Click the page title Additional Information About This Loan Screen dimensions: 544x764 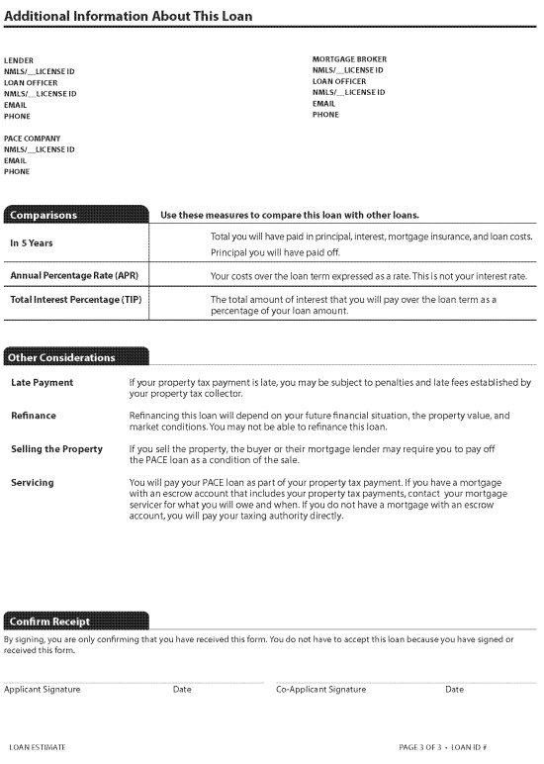[x=129, y=16]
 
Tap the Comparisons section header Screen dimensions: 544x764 [x=44, y=215]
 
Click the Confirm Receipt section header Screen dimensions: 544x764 [x=50, y=621]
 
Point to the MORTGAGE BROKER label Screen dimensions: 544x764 [x=349, y=59]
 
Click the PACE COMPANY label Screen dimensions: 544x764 [x=32, y=139]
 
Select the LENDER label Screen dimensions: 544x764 [x=19, y=61]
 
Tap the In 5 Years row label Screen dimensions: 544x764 [x=32, y=242]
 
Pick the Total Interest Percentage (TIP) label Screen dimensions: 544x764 [x=77, y=299]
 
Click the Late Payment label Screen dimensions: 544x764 [x=42, y=383]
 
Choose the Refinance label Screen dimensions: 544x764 [x=34, y=416]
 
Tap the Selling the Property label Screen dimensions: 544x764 [x=56, y=449]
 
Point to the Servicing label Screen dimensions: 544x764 [x=33, y=483]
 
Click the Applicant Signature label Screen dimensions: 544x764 [x=43, y=689]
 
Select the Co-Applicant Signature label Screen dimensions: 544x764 [x=320, y=689]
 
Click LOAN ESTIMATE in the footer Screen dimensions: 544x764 [x=38, y=747]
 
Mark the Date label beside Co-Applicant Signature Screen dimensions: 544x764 [x=454, y=689]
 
